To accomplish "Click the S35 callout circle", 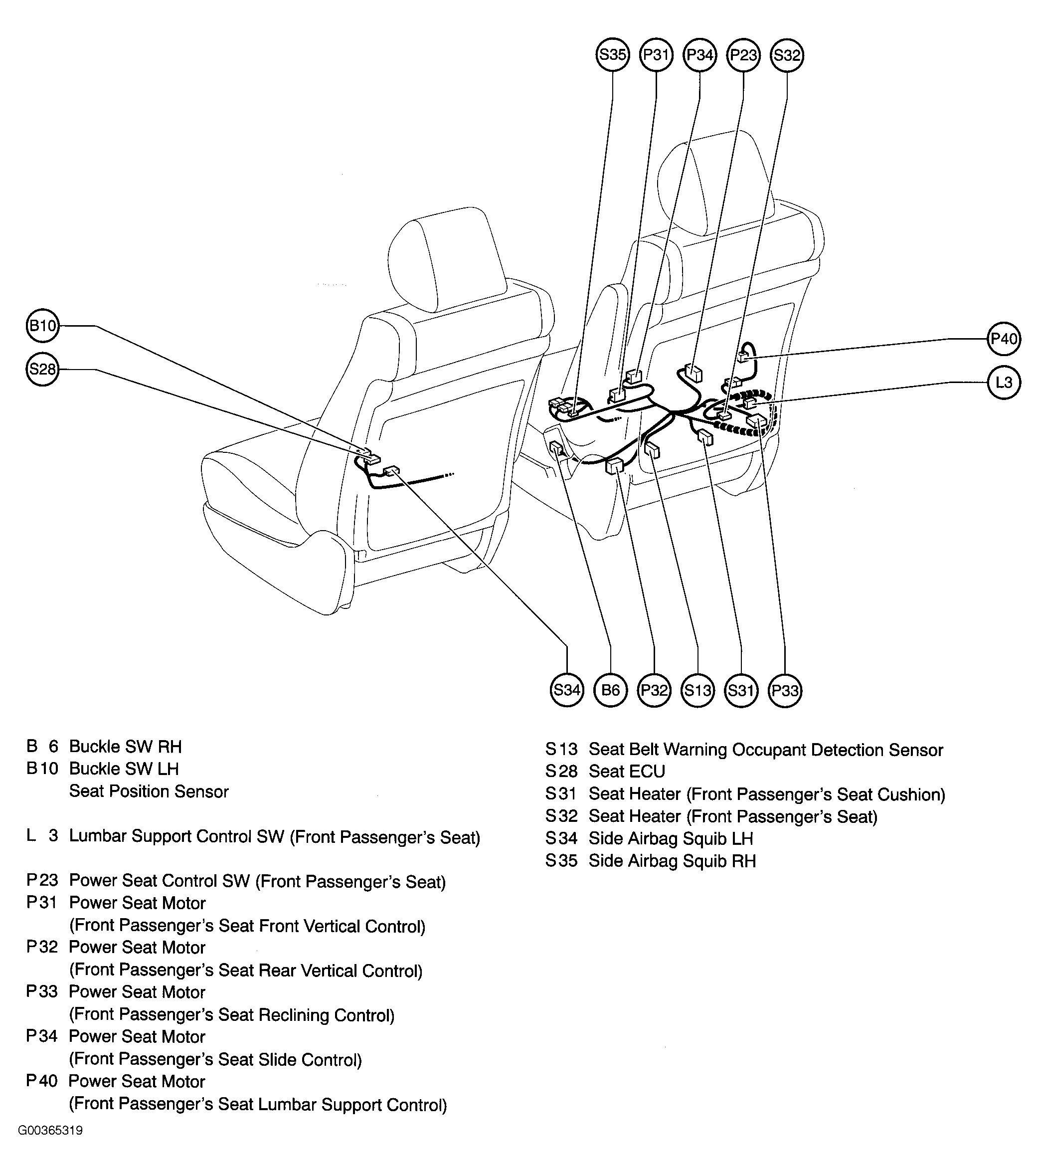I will pyautogui.click(x=612, y=55).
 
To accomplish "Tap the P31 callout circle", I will pyautogui.click(x=656, y=55).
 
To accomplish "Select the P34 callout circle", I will pyautogui.click(x=699, y=55).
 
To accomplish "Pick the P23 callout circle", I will pyautogui.click(x=743, y=55).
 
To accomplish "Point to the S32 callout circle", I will pyautogui.click(x=787, y=55).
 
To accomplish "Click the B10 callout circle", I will pyautogui.click(x=43, y=326).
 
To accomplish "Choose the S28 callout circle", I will pyautogui.click(x=43, y=369).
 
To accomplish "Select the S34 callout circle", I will pyautogui.click(x=566, y=690).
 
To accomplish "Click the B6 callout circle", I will pyautogui.click(x=611, y=690).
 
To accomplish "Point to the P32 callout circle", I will pyautogui.click(x=654, y=690).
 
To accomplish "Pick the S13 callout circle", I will pyautogui.click(x=697, y=690).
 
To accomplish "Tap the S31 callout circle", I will pyautogui.click(x=741, y=690).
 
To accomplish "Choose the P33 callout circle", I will pyautogui.click(x=785, y=690).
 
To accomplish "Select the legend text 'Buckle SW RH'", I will pyautogui.click(x=125, y=747).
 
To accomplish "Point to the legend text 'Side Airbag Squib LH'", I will pyautogui.click(x=671, y=839).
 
